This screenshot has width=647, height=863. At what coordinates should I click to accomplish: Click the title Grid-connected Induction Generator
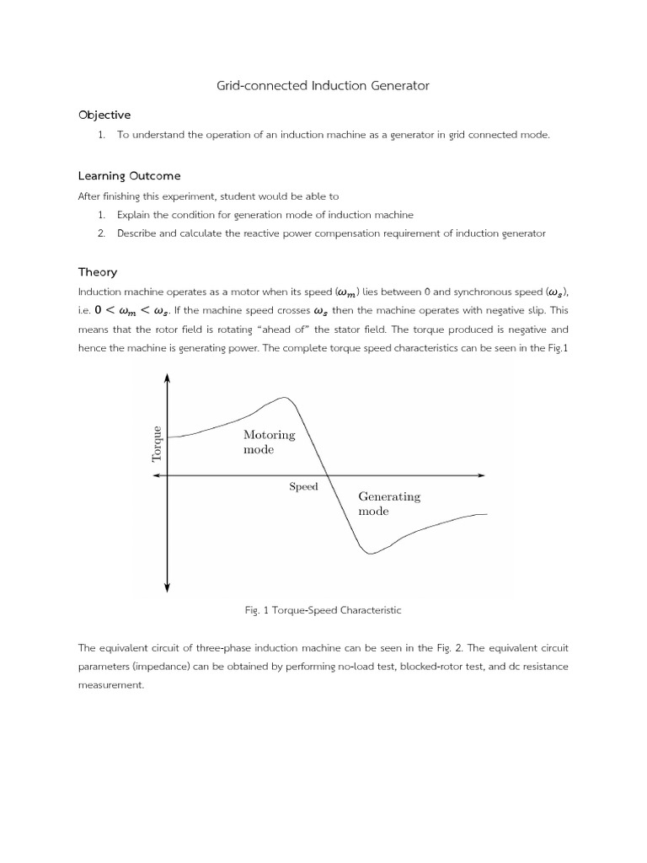coord(323,85)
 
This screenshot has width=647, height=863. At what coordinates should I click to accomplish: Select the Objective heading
coord(104,115)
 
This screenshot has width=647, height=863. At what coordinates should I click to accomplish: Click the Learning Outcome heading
coord(129,175)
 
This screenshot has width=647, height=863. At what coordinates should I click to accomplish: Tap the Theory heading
coord(98,272)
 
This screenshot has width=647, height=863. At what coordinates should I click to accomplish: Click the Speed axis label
coord(303,486)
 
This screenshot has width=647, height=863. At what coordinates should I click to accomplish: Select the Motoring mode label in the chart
coord(269,442)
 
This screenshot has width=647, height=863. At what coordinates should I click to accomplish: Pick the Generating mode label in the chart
coord(388,504)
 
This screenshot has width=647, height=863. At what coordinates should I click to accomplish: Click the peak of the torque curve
coord(285,398)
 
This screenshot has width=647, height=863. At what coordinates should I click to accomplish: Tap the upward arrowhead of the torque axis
coord(168,377)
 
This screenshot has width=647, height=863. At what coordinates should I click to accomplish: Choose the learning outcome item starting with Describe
coord(331,233)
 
